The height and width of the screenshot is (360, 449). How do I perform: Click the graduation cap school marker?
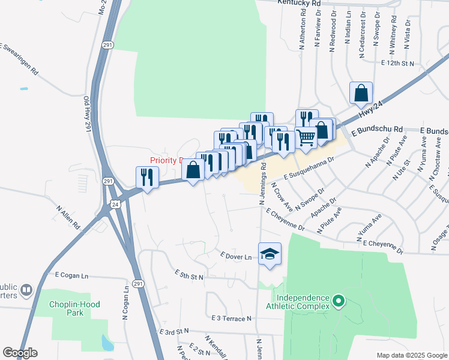click(x=270, y=253)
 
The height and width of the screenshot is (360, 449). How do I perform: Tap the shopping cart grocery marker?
click(x=306, y=137)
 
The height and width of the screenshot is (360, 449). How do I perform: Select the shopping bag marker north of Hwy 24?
click(x=361, y=93)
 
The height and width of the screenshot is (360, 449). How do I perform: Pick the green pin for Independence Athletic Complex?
click(x=338, y=301)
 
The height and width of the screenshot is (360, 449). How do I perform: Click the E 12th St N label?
click(x=398, y=63)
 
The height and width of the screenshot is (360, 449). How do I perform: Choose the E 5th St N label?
click(x=190, y=275)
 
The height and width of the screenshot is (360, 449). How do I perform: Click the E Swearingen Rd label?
click(x=20, y=59)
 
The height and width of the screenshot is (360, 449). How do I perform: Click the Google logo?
click(x=20, y=353)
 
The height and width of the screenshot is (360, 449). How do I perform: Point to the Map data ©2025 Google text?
click(x=411, y=355)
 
